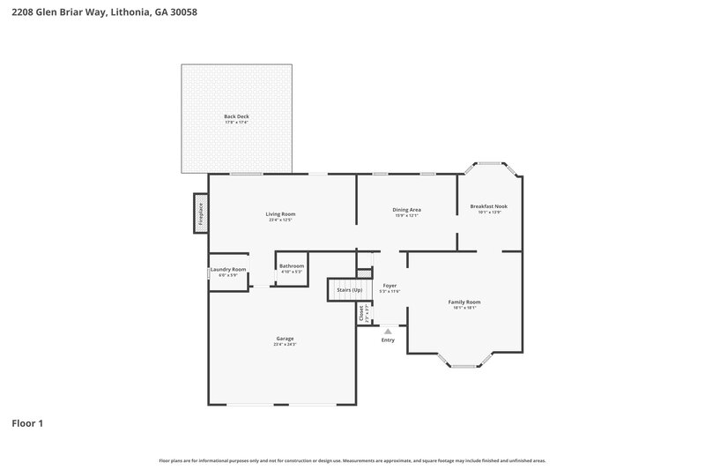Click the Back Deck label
(x=236, y=116)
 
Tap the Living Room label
(x=281, y=213)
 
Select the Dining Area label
(x=406, y=209)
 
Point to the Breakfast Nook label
(x=489, y=206)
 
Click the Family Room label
(x=464, y=302)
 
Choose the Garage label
(x=285, y=338)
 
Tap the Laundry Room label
(x=227, y=269)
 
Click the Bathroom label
(x=292, y=265)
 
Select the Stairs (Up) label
(x=345, y=289)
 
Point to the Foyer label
(x=389, y=286)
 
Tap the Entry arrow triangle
(x=388, y=332)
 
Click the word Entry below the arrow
(x=388, y=340)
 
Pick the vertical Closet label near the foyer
(x=361, y=312)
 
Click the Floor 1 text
(x=27, y=423)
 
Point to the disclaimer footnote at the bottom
(x=352, y=460)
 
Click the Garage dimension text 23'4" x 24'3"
(x=285, y=344)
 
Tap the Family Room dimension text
(x=464, y=308)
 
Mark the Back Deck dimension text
(x=236, y=123)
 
